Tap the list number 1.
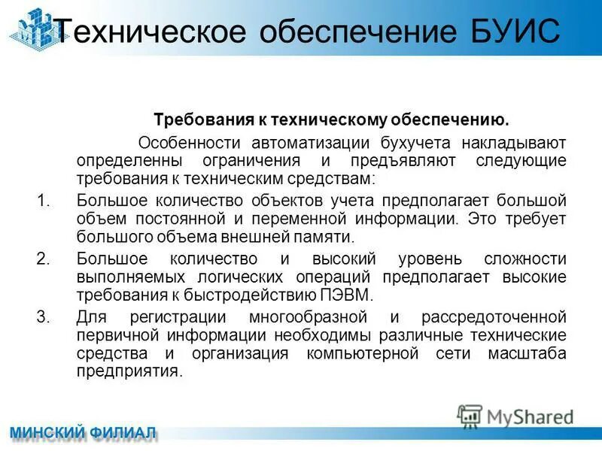(x=42, y=201)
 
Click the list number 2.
(x=42, y=259)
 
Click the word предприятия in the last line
(x=129, y=371)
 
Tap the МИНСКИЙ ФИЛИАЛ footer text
(x=82, y=432)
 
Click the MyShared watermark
(x=516, y=416)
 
